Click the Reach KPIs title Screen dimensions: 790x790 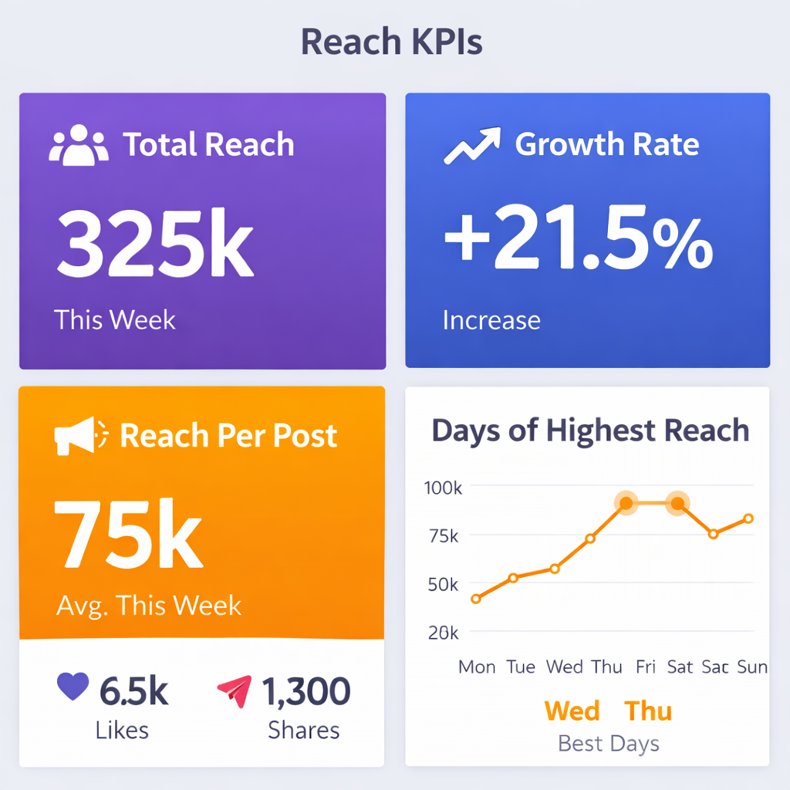391,42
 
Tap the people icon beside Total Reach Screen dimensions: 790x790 78,145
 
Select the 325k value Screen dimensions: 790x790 155,245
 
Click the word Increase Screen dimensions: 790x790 491,320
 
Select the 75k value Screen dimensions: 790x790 128,534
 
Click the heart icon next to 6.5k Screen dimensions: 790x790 74,687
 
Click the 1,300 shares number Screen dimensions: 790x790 306,691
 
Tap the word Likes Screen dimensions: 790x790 122,730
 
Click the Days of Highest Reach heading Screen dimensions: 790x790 590,430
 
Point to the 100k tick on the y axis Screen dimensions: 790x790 442,488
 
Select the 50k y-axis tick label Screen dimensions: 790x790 442,585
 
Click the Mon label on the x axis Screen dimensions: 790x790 477,667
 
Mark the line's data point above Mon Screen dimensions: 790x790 476,599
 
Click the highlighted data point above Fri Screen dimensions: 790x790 626,504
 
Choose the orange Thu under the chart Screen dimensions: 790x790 648,711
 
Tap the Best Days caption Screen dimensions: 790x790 608,744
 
